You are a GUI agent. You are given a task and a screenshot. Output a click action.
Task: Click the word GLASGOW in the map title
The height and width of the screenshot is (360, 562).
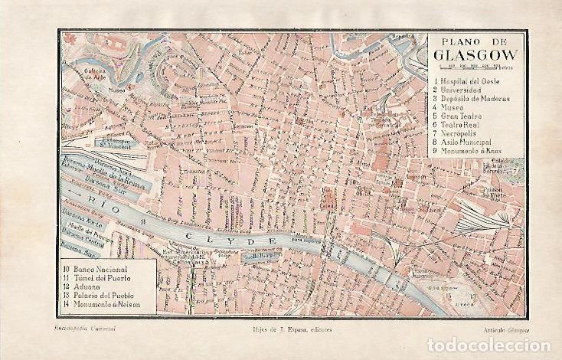pyautogui.click(x=475, y=55)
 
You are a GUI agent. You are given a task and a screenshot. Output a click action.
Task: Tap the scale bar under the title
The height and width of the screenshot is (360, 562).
pyautogui.click(x=475, y=67)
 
